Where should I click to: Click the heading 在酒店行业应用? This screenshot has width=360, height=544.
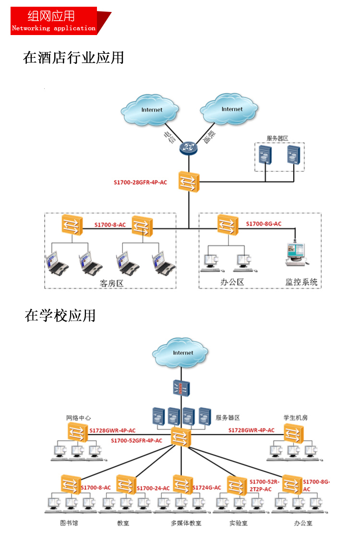point(73,58)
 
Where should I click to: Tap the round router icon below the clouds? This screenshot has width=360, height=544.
point(188,148)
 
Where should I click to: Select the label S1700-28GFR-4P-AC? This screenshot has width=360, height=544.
point(140,182)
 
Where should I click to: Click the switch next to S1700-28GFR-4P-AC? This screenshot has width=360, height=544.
point(189,181)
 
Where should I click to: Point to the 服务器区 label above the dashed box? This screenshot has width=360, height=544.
point(277,138)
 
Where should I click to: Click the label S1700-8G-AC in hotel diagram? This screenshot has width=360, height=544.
point(264,224)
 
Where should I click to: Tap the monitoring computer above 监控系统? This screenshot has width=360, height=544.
point(296,254)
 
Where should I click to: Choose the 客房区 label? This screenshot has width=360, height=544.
point(112,283)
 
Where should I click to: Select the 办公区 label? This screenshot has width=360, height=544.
point(232,282)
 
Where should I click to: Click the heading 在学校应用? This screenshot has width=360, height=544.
point(60,315)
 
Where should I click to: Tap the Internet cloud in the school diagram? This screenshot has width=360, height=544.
point(180,353)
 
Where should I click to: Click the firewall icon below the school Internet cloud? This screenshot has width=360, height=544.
point(181,388)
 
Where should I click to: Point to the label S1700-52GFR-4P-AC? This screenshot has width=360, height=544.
point(136,441)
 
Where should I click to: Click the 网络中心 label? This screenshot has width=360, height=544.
point(79,418)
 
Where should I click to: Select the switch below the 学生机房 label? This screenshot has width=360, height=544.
point(294,434)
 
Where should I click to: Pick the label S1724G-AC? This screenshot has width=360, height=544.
point(207,487)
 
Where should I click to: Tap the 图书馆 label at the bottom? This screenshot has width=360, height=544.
point(69,523)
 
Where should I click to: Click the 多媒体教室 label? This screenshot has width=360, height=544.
point(186,523)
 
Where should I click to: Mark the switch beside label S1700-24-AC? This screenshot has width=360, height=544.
point(126,484)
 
